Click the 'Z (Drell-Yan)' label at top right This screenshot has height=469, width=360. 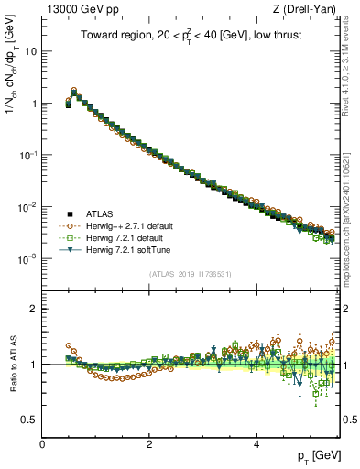[x=309, y=9]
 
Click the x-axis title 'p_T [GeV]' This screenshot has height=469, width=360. [x=314, y=455]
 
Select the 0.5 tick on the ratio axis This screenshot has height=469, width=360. [x=30, y=420]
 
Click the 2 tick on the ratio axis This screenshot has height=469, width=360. [x=34, y=309]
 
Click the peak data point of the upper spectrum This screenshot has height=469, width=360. [x=74, y=92]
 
